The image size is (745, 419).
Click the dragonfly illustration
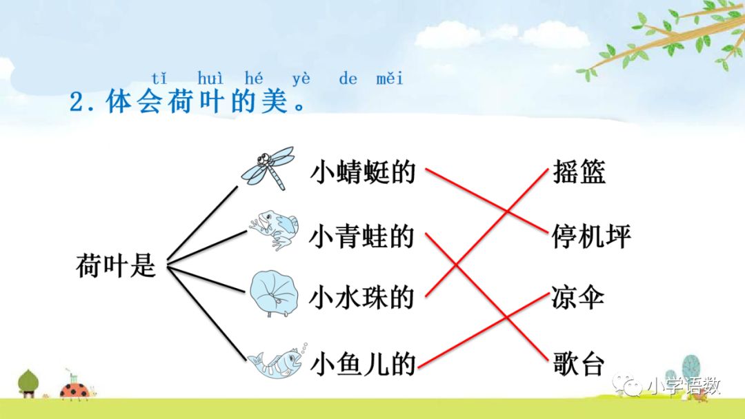pos(268,167)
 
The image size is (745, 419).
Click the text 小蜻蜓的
pos(363,172)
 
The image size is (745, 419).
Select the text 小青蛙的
pos(362,236)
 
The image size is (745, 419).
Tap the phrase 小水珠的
pos(362,298)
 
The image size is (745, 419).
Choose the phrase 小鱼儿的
pos(363,363)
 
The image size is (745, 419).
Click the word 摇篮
pos(579,172)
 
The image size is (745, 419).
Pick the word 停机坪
pos(591,236)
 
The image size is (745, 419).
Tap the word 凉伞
pos(578,298)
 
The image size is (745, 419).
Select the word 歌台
pos(578,363)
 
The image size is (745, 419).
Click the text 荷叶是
pos(116,266)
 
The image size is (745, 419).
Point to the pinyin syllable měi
pos(390,78)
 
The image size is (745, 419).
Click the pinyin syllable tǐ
pos(159,78)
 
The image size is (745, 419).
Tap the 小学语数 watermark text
pos(683,386)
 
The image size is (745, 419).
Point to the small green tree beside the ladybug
pos(28,383)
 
